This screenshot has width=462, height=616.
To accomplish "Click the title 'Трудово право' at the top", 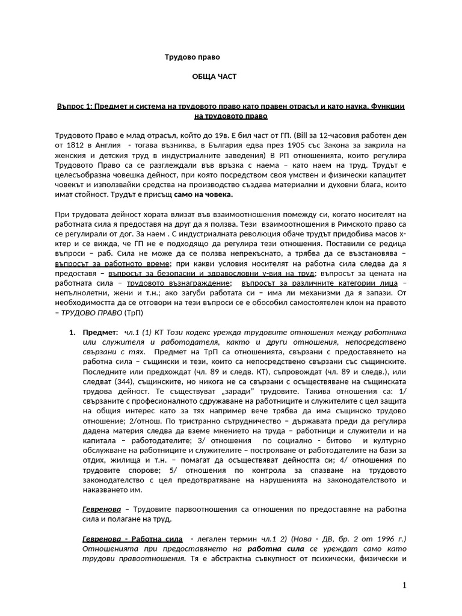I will [x=192, y=57].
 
